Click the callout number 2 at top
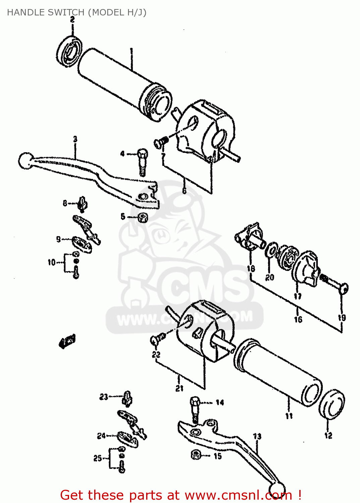(x=72, y=20)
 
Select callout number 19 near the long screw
(x=342, y=317)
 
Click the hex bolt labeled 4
(x=142, y=161)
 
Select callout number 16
(x=298, y=319)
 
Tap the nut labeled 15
(x=196, y=455)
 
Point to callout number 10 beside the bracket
(x=51, y=262)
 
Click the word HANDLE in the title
(x=22, y=12)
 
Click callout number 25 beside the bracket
(x=98, y=458)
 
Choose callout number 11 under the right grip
(x=289, y=416)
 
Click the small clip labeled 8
(x=82, y=204)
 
